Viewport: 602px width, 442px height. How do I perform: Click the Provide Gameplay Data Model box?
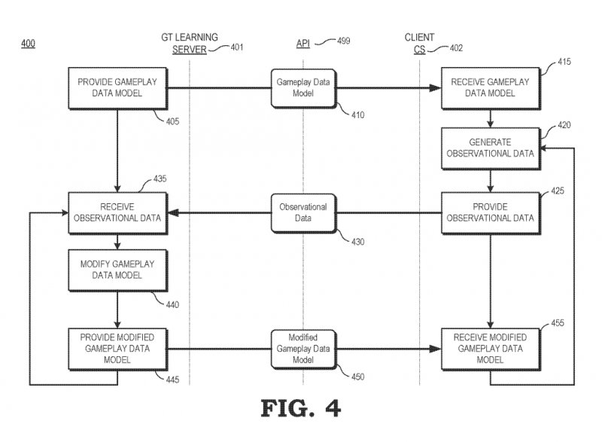tap(117, 88)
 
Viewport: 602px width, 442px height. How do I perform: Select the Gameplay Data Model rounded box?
tap(302, 88)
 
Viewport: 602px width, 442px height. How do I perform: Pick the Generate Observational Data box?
tap(491, 148)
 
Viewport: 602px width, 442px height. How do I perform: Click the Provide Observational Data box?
tap(491, 212)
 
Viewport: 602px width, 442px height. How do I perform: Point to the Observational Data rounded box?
tap(302, 212)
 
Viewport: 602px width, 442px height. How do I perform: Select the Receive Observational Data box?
tap(117, 212)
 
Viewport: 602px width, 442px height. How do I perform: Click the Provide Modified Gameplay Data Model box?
tap(117, 348)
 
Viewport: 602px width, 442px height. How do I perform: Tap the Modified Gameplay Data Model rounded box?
tap(302, 348)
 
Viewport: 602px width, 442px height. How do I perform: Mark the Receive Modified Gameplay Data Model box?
tap(491, 348)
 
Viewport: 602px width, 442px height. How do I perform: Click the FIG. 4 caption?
tap(301, 407)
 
